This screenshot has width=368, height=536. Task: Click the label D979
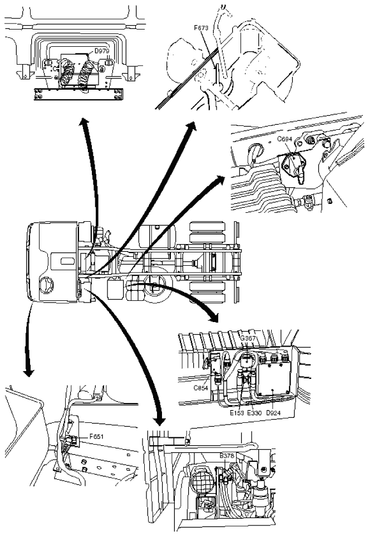101,51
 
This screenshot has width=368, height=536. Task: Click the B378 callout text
227,455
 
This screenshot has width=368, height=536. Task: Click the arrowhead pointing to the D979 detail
84,123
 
